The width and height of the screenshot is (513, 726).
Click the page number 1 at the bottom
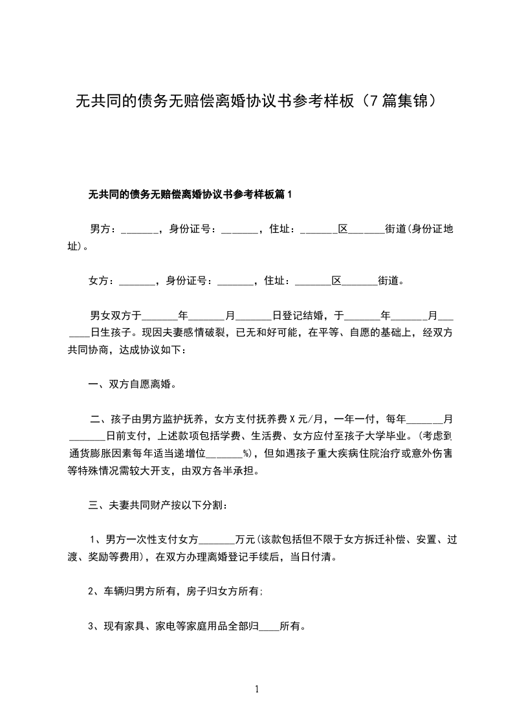257,689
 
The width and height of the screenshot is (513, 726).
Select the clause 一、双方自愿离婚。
132,384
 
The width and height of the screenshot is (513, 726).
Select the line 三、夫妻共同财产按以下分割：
157,504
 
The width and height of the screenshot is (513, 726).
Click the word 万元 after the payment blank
246,539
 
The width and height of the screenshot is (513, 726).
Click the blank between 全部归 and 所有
268,626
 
